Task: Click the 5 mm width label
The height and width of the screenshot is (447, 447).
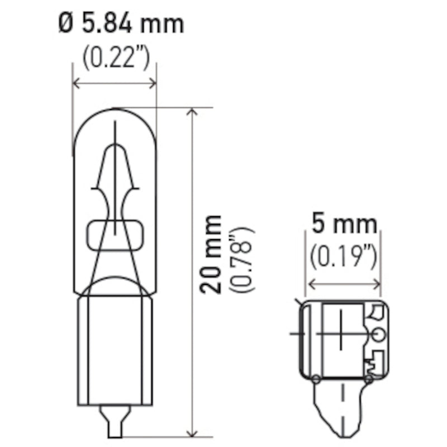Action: (344, 225)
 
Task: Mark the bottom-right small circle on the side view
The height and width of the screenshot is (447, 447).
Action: (369, 379)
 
